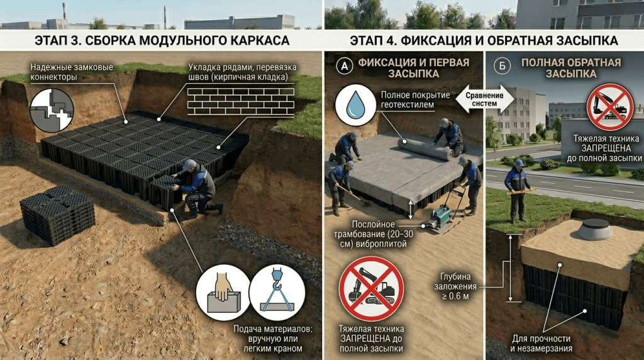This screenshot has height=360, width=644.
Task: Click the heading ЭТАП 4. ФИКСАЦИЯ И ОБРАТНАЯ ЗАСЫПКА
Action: [x=484, y=41]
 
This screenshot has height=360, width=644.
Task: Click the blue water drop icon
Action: [x=355, y=104]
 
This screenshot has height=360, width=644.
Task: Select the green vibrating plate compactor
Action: [x=440, y=217]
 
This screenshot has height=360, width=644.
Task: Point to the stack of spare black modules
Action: [x=57, y=214]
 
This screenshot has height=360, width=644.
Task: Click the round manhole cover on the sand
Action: [x=594, y=230]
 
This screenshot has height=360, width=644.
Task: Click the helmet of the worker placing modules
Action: [x=189, y=165]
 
